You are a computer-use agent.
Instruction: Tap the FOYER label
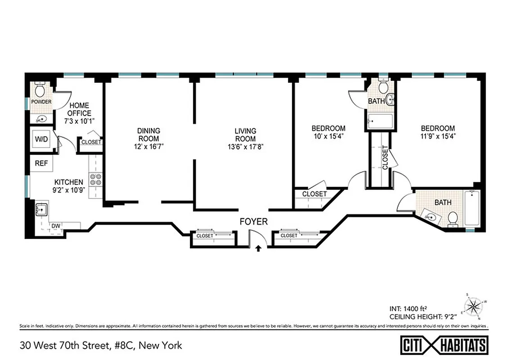[253, 221]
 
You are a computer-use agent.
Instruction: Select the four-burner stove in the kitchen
[95, 180]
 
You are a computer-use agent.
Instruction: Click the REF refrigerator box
[41, 163]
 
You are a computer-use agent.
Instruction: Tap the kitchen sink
[43, 210]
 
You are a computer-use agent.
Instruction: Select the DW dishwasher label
[56, 225]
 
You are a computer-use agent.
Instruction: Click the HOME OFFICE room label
[79, 110]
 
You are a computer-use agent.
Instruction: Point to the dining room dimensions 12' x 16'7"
[149, 146]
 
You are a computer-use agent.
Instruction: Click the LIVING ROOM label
[245, 135]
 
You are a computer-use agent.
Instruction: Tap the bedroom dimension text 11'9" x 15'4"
[438, 136]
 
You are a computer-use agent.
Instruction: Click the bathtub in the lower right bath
[472, 207]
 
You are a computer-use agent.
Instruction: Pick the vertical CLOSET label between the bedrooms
[385, 157]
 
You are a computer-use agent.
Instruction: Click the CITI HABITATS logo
[444, 345]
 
